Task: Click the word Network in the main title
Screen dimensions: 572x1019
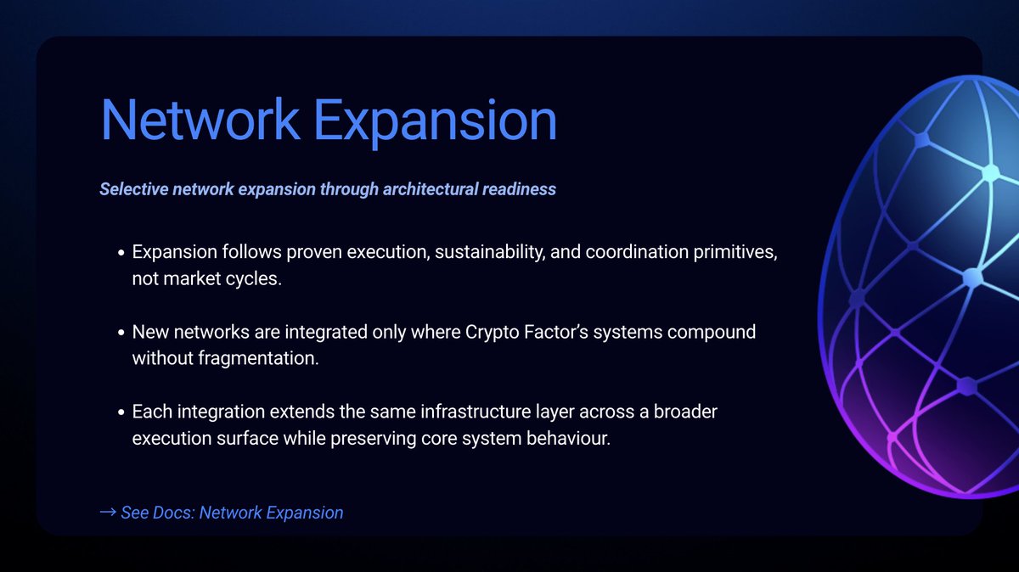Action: pyautogui.click(x=200, y=120)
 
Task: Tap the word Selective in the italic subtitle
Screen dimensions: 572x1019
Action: pyautogui.click(x=133, y=188)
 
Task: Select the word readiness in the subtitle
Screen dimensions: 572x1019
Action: pyautogui.click(x=519, y=188)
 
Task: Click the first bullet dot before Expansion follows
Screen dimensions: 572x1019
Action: pyautogui.click(x=121, y=254)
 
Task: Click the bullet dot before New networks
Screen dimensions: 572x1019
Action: pyautogui.click(x=121, y=333)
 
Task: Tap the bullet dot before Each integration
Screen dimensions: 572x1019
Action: pyautogui.click(x=121, y=412)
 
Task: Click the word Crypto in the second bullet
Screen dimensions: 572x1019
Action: pyautogui.click(x=493, y=332)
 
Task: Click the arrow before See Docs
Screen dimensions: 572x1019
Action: pyautogui.click(x=108, y=513)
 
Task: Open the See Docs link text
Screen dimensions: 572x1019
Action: pyautogui.click(x=232, y=513)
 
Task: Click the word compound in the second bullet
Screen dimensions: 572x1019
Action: pyautogui.click(x=712, y=332)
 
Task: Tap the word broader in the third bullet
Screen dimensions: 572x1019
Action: pyautogui.click(x=686, y=412)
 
